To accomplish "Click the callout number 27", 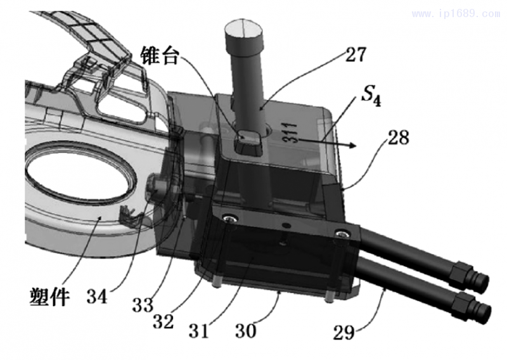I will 355,55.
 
